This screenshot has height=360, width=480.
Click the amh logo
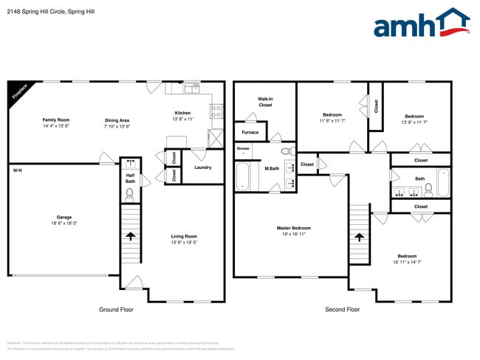(x=422, y=24)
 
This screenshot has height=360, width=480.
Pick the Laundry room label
(x=202, y=167)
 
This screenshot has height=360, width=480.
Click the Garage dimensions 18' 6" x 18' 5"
(x=64, y=223)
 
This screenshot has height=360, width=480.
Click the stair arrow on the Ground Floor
(x=130, y=237)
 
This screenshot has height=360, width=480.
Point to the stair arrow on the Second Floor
(x=359, y=237)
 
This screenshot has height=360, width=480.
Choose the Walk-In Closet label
(x=265, y=102)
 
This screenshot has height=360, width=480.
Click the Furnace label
(x=250, y=133)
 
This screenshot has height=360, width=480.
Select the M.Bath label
(x=272, y=169)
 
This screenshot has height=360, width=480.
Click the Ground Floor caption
(x=116, y=310)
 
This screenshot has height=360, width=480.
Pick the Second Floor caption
(x=343, y=310)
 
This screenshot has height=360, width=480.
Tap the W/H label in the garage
(x=17, y=170)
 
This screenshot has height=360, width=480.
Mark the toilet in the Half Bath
(x=130, y=194)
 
